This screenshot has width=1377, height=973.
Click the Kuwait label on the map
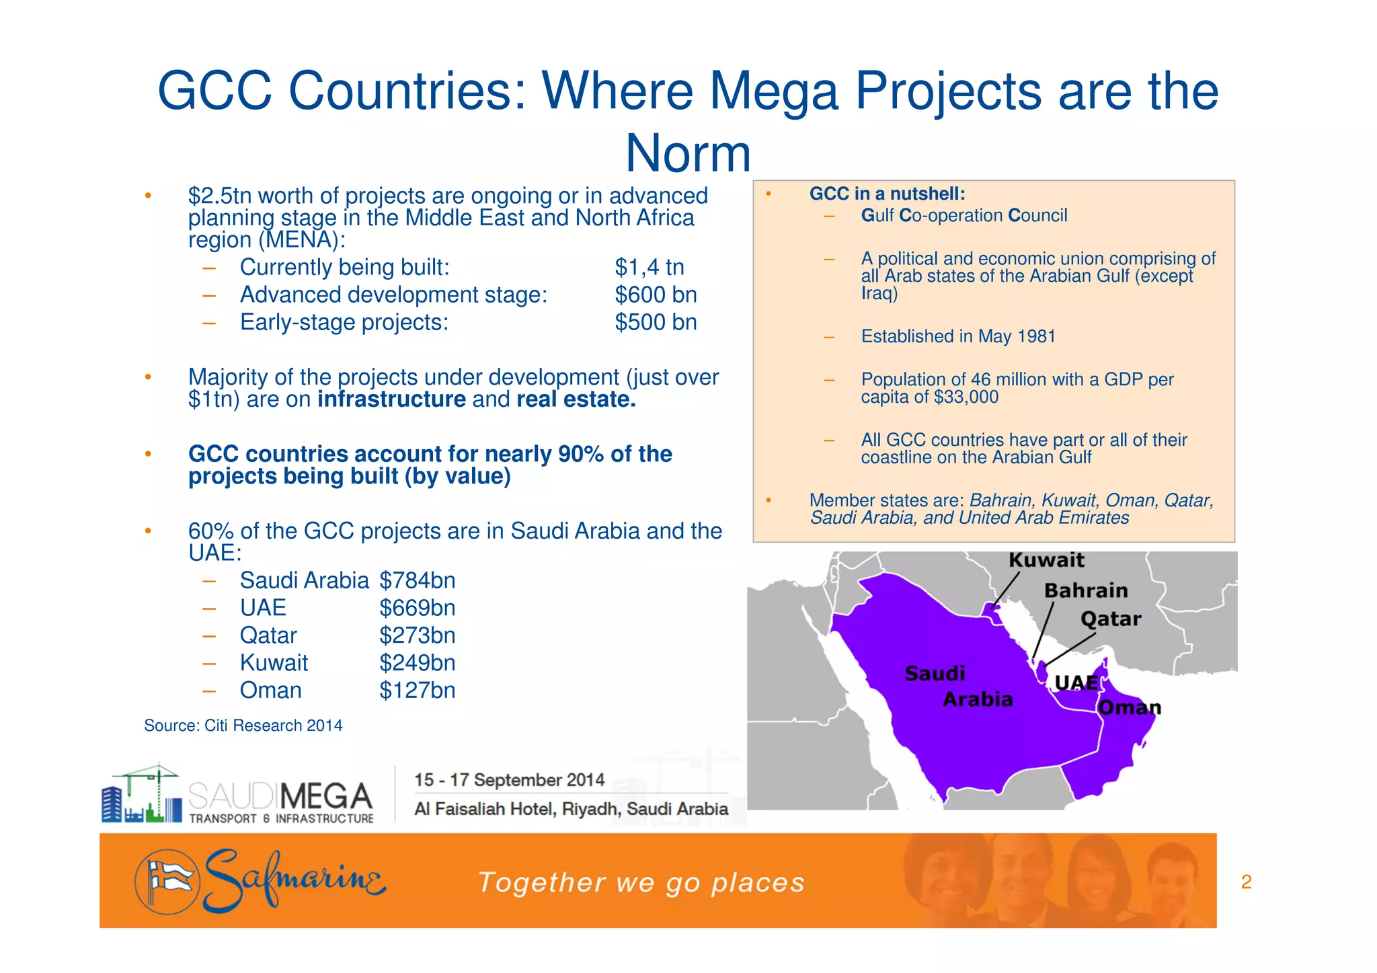1046,560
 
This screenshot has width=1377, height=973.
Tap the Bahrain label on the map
1086,590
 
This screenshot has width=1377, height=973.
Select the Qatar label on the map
1111,619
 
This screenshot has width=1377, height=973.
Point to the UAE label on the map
1076,683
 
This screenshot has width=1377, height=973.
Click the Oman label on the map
1129,707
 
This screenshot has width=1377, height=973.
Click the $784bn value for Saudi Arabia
417,580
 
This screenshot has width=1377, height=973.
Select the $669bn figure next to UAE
417,608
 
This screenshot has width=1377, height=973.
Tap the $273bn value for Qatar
417,635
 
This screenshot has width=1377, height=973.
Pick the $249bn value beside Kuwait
417,663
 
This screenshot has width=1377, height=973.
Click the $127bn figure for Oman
417,691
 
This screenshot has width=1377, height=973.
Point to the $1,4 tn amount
649,268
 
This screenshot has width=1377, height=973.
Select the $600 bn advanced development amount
656,295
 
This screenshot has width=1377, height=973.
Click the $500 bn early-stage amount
656,323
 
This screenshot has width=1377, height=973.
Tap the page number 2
1246,882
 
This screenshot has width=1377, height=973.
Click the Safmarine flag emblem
167,882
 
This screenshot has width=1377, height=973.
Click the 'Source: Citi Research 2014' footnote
243,726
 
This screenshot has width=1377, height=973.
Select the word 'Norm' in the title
688,153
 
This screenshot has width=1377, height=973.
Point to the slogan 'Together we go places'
641,882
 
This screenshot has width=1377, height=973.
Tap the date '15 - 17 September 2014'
509,780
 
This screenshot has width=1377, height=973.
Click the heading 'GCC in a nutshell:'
887,194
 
